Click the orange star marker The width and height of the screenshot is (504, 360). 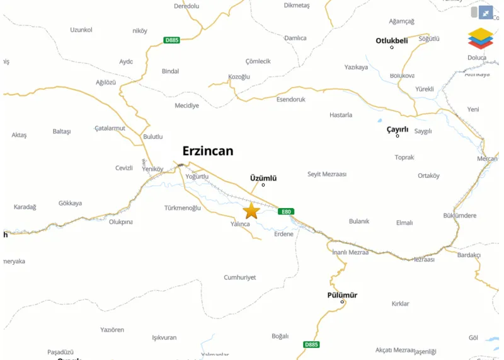click(251, 211)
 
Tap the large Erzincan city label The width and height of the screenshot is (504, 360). click(207, 151)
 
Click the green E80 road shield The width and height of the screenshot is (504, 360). click(286, 212)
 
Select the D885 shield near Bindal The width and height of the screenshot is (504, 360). click(171, 40)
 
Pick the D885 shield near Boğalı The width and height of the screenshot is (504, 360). click(311, 345)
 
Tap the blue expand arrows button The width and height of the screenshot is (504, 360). click(486, 13)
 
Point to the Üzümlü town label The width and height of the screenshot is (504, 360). click(263, 178)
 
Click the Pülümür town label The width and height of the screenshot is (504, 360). click(342, 295)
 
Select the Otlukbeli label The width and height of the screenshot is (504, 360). click(392, 41)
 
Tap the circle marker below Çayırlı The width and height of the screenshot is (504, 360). click(398, 136)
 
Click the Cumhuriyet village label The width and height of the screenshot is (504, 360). click(240, 277)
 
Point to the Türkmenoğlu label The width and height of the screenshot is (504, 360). click(182, 208)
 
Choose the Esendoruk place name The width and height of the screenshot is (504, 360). click(290, 100)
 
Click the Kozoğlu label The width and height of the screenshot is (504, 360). click(239, 77)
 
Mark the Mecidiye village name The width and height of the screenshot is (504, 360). click(186, 106)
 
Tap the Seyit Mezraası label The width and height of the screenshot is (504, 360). click(327, 174)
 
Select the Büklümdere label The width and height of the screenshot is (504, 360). click(460, 216)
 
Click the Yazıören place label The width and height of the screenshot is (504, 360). click(112, 330)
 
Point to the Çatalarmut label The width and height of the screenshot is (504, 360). click(110, 128)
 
